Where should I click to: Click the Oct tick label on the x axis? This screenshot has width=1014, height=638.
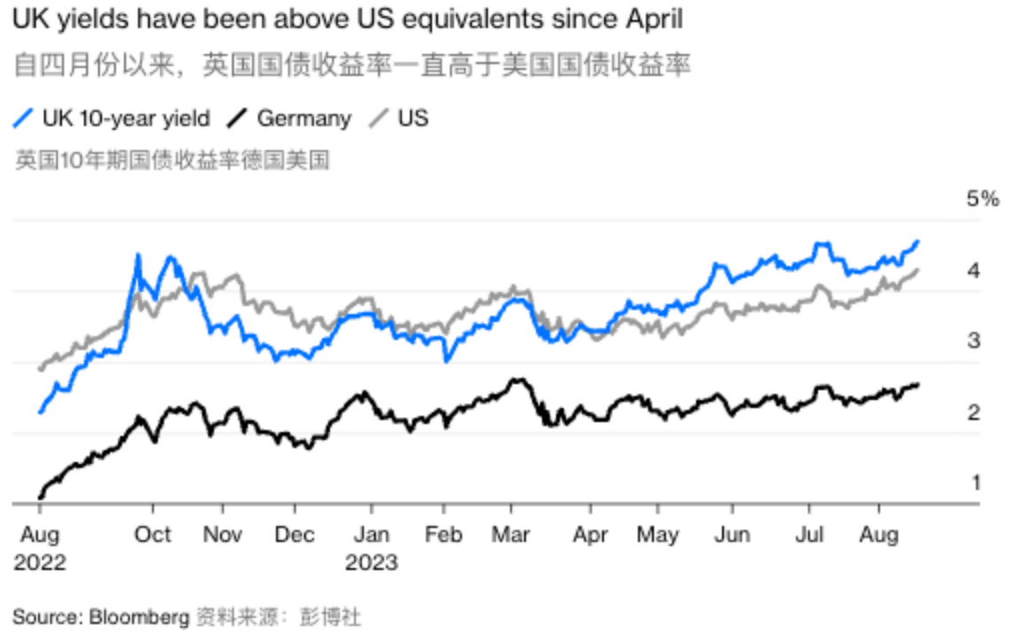[152, 534]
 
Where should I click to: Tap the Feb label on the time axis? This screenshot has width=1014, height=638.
[443, 534]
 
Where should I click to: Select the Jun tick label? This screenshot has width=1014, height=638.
[732, 534]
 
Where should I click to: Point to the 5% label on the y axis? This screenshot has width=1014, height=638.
[983, 198]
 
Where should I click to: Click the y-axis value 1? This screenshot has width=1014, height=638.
[976, 482]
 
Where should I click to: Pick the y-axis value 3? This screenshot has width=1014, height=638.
[974, 340]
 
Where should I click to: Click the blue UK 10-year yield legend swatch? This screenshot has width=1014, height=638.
[23, 118]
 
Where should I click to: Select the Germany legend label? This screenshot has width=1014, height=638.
[304, 119]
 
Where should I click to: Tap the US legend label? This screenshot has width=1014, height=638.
[413, 118]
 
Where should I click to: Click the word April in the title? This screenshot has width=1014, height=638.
[653, 19]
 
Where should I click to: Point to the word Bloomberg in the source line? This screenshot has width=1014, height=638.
[139, 618]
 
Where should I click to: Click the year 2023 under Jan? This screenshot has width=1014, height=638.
[371, 563]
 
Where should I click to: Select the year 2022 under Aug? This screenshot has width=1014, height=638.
[40, 563]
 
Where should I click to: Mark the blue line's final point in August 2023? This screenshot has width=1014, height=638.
[918, 242]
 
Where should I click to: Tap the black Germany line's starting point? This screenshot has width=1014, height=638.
[40, 498]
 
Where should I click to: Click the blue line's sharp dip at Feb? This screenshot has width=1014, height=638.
[446, 361]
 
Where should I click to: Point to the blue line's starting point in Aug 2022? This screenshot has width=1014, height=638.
[40, 412]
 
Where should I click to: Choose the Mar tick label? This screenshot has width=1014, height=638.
[511, 534]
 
